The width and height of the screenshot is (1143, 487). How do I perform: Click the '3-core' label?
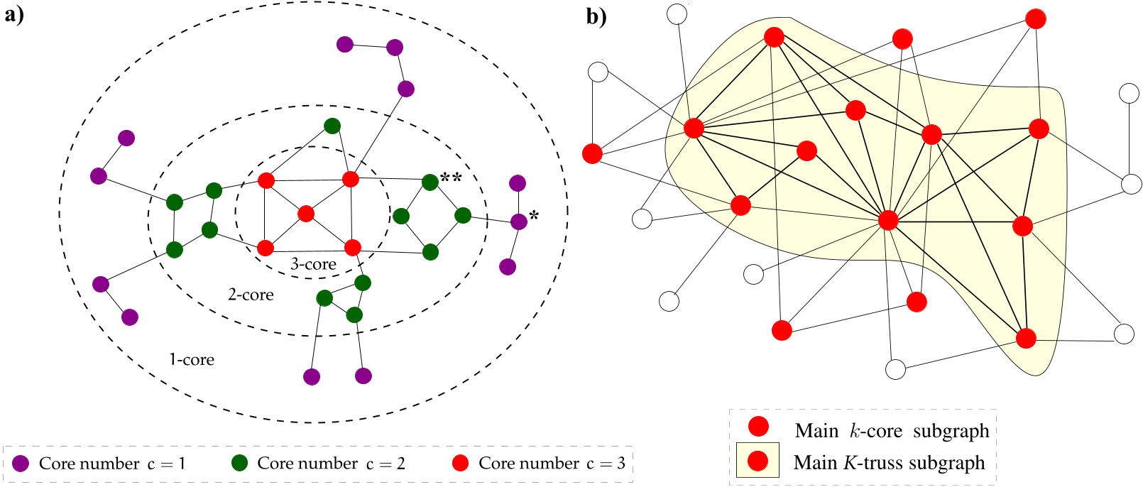(x=313, y=264)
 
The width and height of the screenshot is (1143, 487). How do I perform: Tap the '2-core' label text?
(x=251, y=295)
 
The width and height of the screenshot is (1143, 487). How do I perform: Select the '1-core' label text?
(x=191, y=359)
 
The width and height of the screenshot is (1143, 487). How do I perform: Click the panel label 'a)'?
(x=14, y=15)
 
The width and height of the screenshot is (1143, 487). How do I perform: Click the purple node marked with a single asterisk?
(x=519, y=221)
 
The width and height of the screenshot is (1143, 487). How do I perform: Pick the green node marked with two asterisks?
(x=430, y=182)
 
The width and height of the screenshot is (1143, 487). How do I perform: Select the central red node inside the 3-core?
(x=306, y=213)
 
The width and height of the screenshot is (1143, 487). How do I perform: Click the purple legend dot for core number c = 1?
(x=21, y=464)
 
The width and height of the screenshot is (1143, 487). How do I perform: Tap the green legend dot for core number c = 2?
(x=240, y=464)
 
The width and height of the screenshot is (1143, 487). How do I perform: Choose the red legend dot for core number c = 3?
(x=461, y=464)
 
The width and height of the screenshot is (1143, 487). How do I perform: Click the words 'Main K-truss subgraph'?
(x=889, y=463)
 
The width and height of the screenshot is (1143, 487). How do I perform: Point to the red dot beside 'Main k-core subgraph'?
(x=758, y=426)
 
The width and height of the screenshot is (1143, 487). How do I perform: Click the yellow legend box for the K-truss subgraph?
(x=758, y=461)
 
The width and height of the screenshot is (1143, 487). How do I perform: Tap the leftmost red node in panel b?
(x=592, y=153)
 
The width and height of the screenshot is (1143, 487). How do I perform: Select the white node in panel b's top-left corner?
(x=677, y=13)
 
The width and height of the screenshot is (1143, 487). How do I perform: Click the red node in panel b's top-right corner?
(x=1036, y=18)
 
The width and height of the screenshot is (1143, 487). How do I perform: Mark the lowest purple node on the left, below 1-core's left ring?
(x=129, y=317)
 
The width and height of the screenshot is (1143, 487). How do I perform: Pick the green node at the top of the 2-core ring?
(x=332, y=126)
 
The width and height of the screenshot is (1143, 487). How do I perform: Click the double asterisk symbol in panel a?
(x=451, y=177)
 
